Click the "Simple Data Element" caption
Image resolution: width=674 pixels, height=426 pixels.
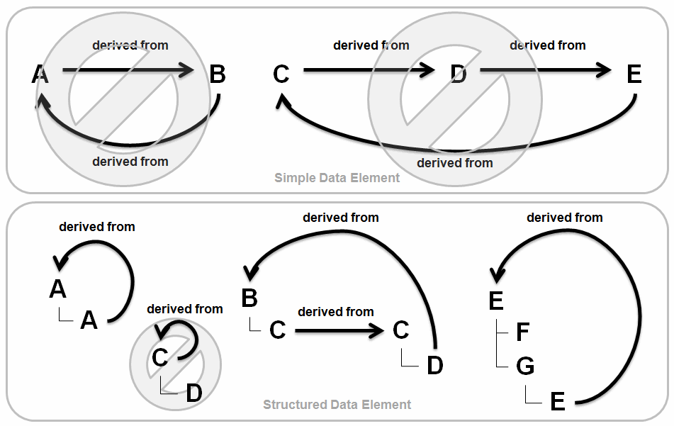[337, 178]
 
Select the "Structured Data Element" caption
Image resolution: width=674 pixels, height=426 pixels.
[337, 405]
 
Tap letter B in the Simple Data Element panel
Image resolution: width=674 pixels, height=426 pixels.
[218, 74]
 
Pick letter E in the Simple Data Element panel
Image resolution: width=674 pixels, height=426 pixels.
[634, 74]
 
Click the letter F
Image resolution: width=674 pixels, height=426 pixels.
[523, 332]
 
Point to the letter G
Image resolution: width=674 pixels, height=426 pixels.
[524, 366]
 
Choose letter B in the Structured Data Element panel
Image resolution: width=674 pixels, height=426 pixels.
[249, 298]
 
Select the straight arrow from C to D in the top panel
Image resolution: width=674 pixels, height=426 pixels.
[369, 70]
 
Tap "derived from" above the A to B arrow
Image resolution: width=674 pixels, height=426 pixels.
[130, 45]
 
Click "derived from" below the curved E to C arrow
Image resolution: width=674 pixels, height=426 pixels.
[454, 163]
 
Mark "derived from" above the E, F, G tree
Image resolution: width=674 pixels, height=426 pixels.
[565, 218]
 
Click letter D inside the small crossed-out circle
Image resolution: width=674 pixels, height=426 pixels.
[193, 393]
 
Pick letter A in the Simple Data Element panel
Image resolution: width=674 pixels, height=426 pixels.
[41, 74]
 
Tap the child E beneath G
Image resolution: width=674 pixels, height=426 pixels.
[558, 402]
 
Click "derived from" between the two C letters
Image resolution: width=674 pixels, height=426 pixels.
[336, 312]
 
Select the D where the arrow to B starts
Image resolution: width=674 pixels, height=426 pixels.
[434, 366]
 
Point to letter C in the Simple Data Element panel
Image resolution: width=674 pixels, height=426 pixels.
[281, 74]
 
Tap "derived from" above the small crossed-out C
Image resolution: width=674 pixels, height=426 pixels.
[185, 309]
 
